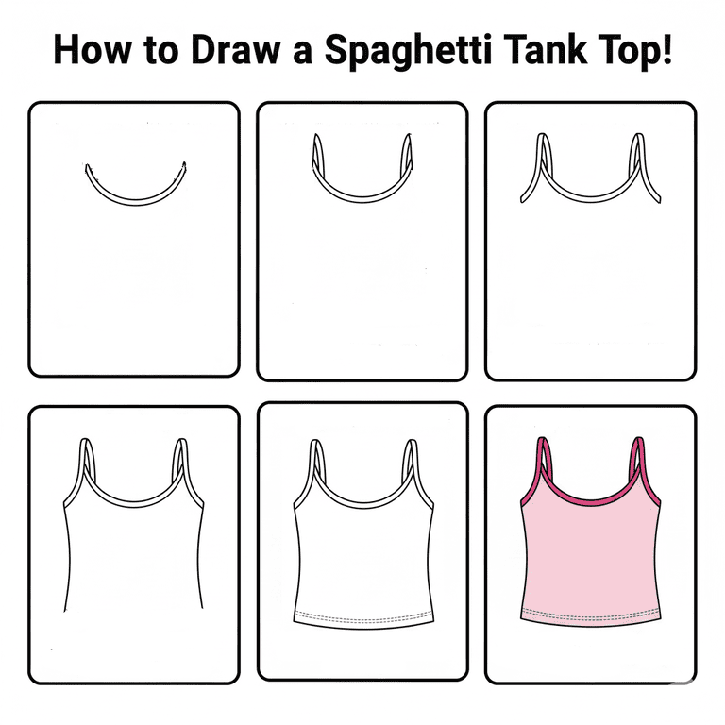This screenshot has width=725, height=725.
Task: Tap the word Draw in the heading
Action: click(x=235, y=49)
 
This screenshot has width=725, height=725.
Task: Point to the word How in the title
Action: click(x=92, y=49)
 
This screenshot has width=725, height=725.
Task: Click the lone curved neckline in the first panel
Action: click(x=136, y=202)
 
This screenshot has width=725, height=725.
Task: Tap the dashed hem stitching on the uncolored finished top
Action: click(x=363, y=617)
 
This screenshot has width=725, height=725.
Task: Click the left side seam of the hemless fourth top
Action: click(x=69, y=559)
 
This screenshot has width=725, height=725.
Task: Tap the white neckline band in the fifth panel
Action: click(x=363, y=504)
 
